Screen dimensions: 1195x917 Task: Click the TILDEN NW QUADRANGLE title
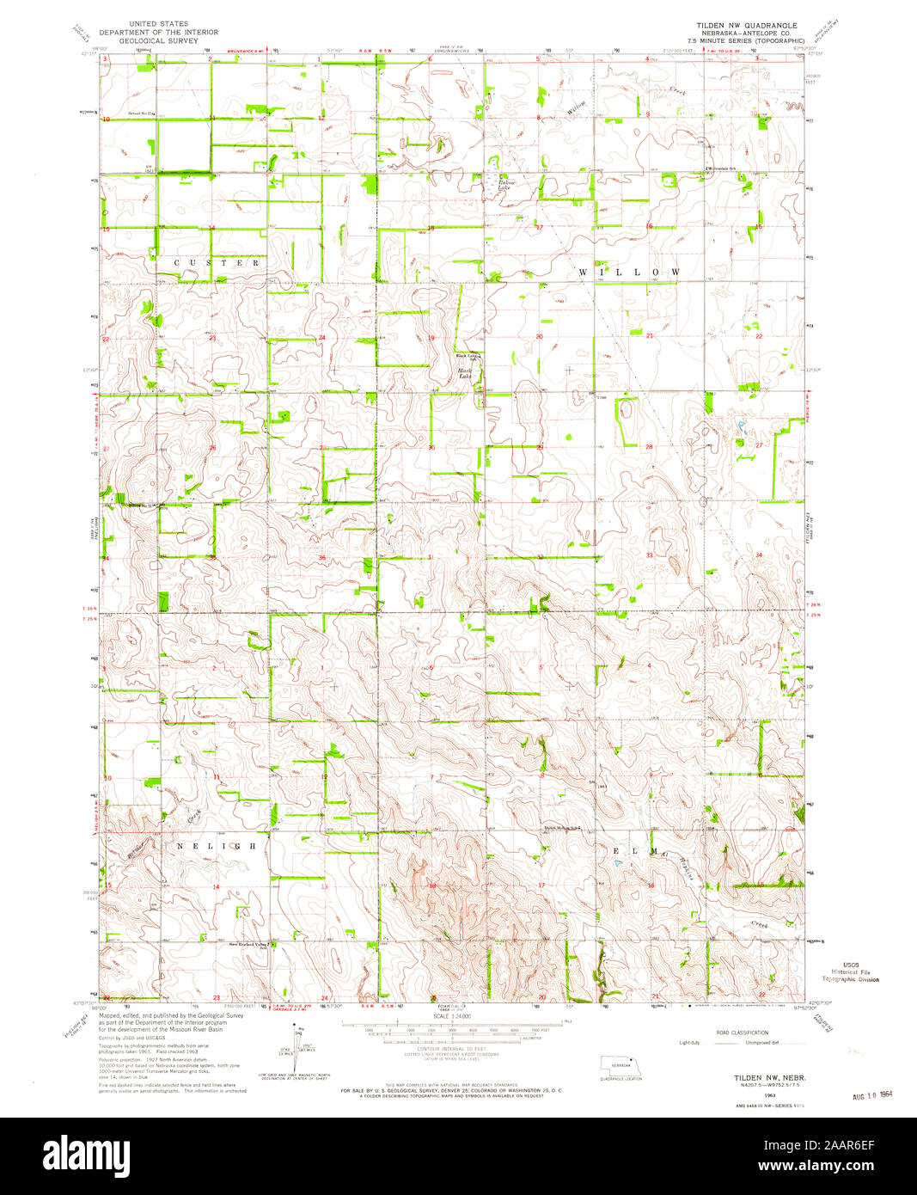click(748, 26)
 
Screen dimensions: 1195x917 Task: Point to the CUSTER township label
click(217, 263)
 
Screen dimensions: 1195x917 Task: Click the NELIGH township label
click(216, 847)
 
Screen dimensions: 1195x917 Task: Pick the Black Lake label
click(465, 374)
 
